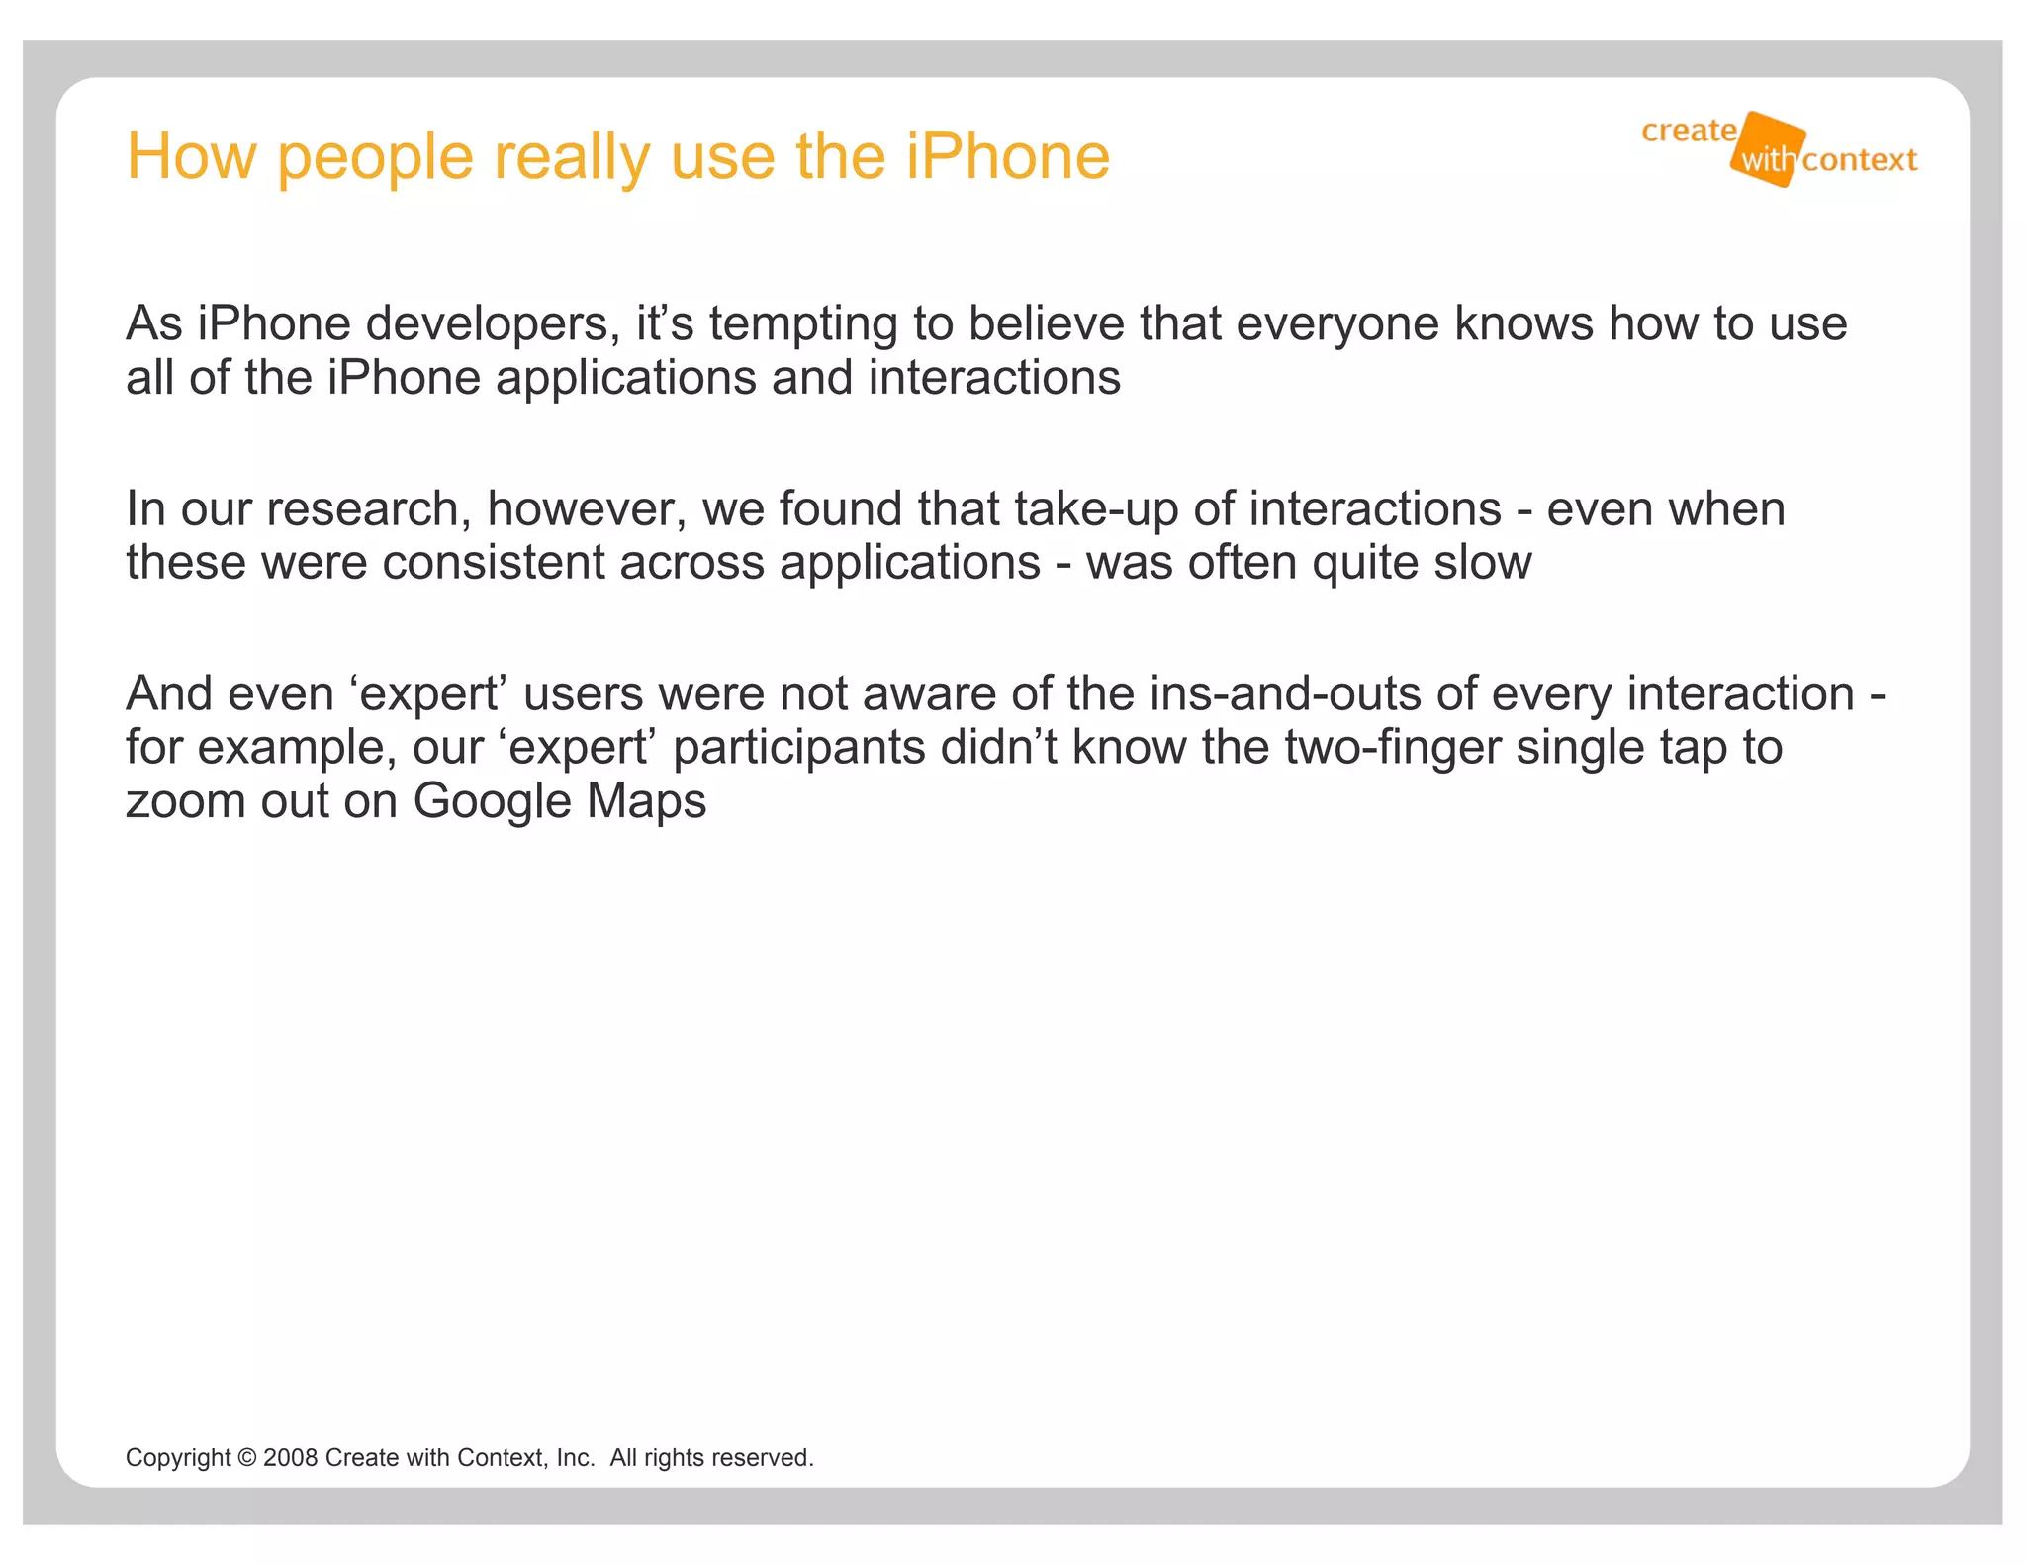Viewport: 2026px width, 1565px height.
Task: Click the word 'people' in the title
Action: (x=375, y=158)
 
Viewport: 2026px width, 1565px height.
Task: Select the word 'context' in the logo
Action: (x=1859, y=160)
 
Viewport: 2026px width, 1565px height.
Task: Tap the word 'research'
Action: (x=368, y=508)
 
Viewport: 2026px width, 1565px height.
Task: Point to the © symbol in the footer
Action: (x=247, y=1458)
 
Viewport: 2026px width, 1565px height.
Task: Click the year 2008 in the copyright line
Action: (x=290, y=1458)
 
